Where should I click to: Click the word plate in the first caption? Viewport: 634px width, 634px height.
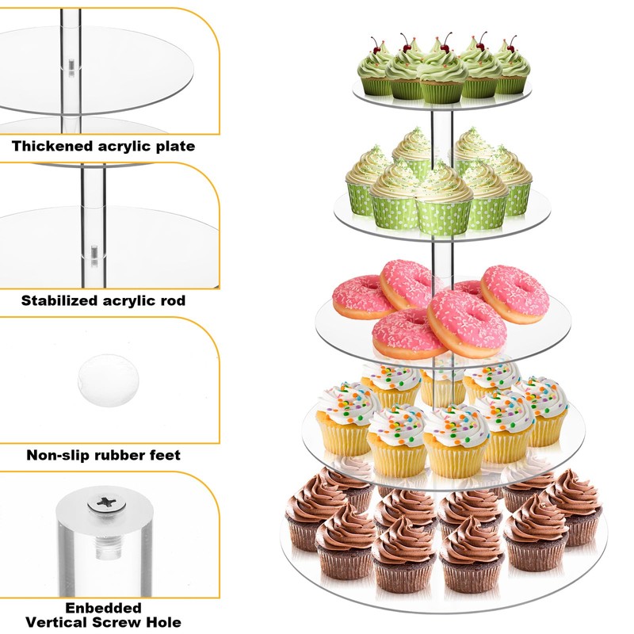(x=174, y=147)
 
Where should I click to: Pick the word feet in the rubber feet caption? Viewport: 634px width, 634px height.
(x=164, y=455)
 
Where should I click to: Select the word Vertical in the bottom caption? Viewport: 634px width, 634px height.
(x=53, y=622)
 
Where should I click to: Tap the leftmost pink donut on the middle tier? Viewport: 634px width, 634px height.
(x=361, y=297)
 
